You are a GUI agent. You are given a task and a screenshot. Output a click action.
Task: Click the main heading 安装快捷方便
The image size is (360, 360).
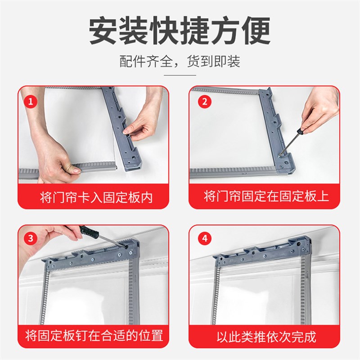[180, 31]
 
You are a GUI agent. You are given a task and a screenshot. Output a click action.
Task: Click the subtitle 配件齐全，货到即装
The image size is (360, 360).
[180, 61]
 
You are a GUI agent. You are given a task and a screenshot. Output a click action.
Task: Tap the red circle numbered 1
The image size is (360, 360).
[31, 102]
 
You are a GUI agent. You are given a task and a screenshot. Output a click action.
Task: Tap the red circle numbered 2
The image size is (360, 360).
[204, 102]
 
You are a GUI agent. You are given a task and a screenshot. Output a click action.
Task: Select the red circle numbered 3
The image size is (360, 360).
[31, 239]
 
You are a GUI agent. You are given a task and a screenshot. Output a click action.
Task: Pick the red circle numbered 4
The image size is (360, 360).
[204, 239]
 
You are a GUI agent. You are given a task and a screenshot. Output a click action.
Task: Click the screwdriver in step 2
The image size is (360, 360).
[295, 139]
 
